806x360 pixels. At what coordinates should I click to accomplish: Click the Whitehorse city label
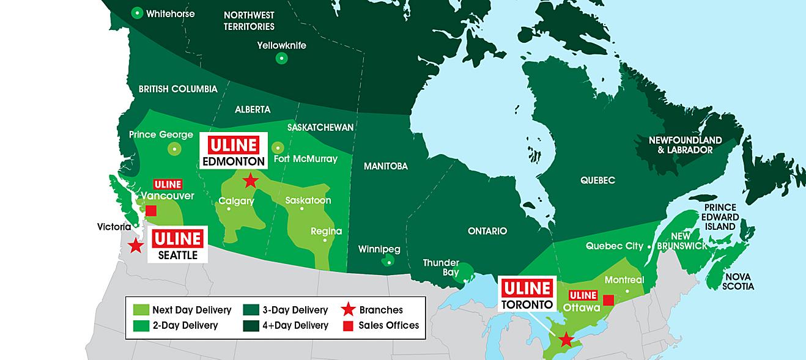click(x=171, y=13)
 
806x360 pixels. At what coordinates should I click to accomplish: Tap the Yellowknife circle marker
click(x=281, y=59)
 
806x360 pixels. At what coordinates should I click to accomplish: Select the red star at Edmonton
click(x=250, y=180)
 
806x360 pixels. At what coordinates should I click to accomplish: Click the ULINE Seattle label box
click(x=177, y=244)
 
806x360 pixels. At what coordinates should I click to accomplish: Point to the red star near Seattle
click(x=135, y=246)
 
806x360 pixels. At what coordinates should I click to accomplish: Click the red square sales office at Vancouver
click(x=151, y=210)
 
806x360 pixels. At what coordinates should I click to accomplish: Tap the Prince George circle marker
click(x=175, y=148)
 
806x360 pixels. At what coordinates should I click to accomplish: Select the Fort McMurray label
click(x=306, y=159)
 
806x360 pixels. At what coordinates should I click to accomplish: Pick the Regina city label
click(x=326, y=231)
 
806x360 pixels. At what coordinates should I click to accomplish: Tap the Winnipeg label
click(x=379, y=249)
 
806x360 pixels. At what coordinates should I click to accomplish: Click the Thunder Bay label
click(x=441, y=268)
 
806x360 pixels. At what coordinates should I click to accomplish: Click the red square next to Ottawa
click(x=608, y=299)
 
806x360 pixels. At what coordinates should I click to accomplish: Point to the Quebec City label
click(x=614, y=246)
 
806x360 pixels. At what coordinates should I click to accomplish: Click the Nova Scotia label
click(x=738, y=281)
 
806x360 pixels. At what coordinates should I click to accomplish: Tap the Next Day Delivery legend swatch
click(x=140, y=310)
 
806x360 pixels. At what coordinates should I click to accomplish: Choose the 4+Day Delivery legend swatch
click(x=250, y=325)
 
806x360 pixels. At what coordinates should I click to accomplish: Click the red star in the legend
click(x=349, y=310)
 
